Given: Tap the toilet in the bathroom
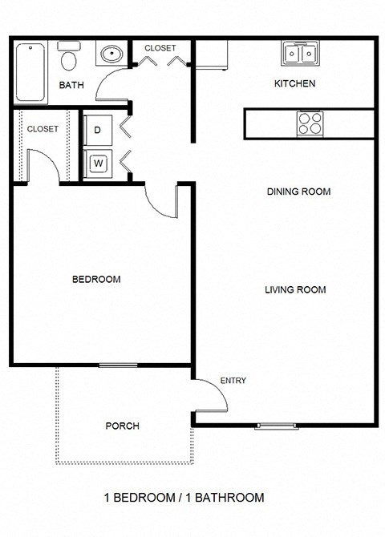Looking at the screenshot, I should click(70, 59).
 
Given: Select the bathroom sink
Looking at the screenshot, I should click(110, 55).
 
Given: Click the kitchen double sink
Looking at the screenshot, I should click(302, 54).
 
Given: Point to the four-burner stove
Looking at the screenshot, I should click(310, 123).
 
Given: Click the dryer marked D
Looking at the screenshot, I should click(99, 129).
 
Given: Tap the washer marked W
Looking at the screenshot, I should click(99, 164).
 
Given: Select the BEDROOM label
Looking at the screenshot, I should click(96, 280).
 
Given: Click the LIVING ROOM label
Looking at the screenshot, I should click(295, 290).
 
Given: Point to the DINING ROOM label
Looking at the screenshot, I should click(298, 192).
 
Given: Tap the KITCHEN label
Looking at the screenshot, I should click(294, 84).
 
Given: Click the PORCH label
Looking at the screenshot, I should click(122, 426).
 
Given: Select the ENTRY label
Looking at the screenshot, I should click(233, 381).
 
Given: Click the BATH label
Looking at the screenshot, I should click(71, 84).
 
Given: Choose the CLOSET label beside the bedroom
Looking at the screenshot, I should click(43, 129).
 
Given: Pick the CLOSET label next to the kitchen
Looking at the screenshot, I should click(160, 49).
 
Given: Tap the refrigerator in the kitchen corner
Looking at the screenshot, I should click(212, 57).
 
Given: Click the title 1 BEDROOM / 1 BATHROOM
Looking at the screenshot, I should click(184, 498).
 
